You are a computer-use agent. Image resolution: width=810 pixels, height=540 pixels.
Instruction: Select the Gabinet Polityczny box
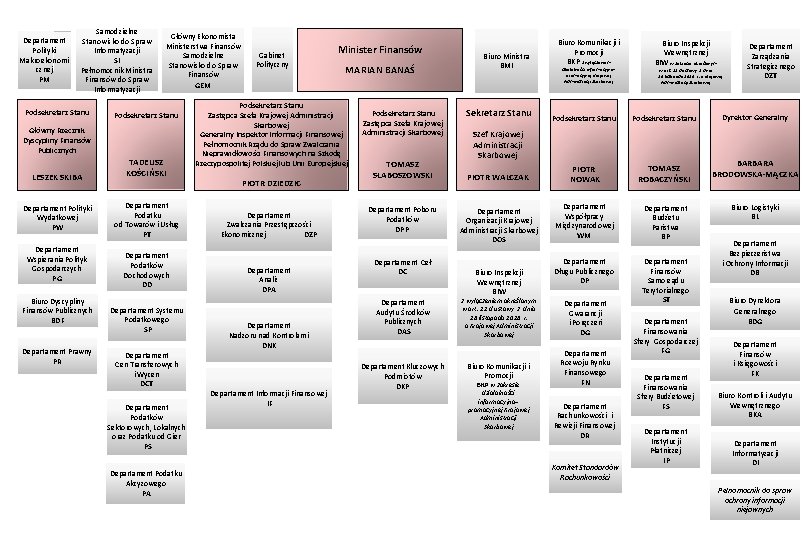pyautogui.click(x=271, y=58)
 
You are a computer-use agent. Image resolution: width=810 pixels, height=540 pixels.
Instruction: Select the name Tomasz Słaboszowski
pyautogui.click(x=400, y=170)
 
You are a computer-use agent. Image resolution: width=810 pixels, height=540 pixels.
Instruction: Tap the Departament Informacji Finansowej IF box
pyautogui.click(x=269, y=398)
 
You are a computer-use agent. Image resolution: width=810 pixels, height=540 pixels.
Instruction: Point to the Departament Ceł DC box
pyautogui.click(x=402, y=266)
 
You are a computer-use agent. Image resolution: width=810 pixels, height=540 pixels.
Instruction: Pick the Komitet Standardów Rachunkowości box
pyautogui.click(x=585, y=473)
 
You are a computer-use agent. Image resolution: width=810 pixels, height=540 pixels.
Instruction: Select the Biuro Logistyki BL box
pyautogui.click(x=755, y=211)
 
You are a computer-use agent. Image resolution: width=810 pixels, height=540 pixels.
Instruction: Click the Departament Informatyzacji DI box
pyautogui.click(x=755, y=452)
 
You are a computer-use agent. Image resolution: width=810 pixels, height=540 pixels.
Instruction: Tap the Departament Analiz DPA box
pyautogui.click(x=269, y=279)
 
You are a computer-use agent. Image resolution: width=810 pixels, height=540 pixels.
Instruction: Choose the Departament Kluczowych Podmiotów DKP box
pyautogui.click(x=402, y=376)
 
